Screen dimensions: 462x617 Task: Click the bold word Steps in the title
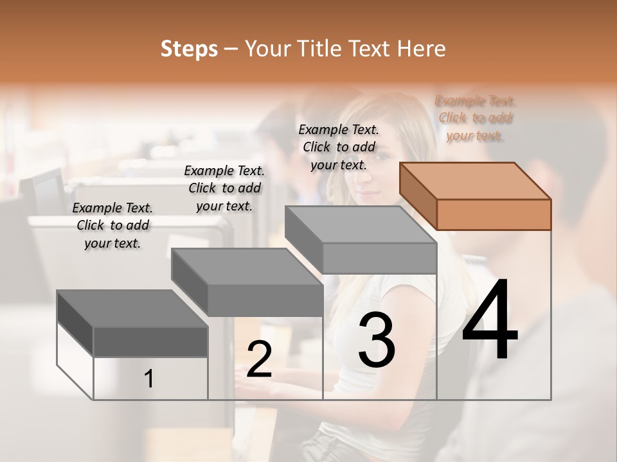[189, 49]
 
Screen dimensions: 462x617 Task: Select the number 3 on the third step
[377, 340]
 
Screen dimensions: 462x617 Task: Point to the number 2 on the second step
[259, 359]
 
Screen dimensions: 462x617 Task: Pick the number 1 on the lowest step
[149, 379]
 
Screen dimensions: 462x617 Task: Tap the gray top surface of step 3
[360, 225]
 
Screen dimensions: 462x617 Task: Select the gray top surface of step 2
[247, 266]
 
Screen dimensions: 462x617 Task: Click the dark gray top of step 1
[132, 309]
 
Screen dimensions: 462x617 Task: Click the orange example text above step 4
[476, 118]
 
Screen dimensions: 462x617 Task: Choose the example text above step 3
[339, 147]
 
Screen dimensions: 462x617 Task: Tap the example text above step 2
[224, 188]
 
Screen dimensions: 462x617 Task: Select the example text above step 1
[112, 225]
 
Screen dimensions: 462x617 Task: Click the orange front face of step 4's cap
[494, 214]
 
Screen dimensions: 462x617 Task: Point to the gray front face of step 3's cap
[379, 258]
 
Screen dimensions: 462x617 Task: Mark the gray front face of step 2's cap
[265, 300]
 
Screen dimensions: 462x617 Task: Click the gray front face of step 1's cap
[150, 342]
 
